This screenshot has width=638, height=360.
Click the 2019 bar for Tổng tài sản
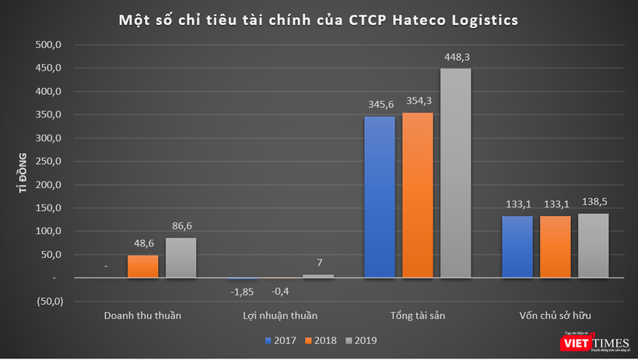tap(455, 173)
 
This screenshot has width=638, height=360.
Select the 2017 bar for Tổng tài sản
tap(379, 197)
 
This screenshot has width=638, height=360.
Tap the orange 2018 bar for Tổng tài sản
tap(417, 194)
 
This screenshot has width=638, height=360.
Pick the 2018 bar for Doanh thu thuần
tap(142, 266)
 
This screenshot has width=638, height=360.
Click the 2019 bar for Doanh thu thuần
tap(181, 257)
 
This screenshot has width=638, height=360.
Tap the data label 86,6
tap(181, 226)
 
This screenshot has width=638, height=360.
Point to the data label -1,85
tap(243, 292)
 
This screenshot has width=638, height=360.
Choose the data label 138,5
tap(593, 202)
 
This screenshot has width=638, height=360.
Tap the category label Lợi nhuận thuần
tap(277, 316)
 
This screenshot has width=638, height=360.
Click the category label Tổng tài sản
tap(417, 316)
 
